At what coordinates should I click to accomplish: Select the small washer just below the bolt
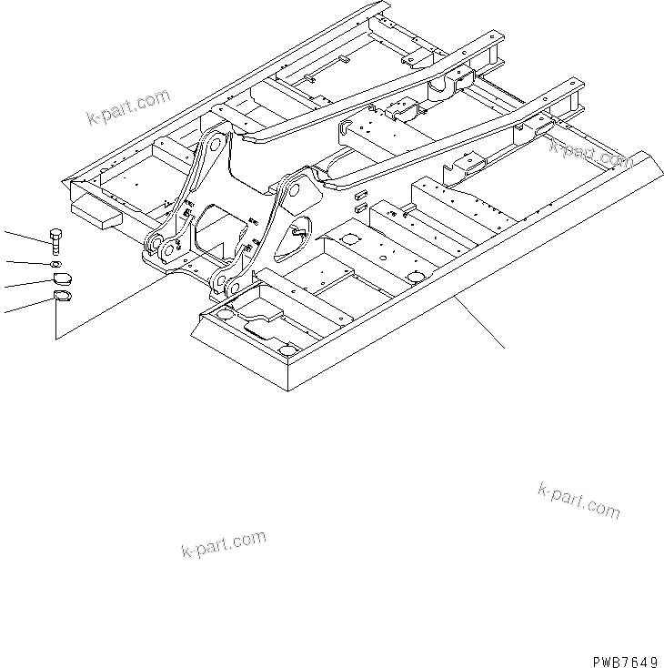click(55, 264)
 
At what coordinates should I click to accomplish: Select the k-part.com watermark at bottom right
click(578, 501)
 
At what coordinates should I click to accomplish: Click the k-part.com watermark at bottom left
click(223, 544)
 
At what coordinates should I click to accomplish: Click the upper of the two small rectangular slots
click(361, 196)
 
